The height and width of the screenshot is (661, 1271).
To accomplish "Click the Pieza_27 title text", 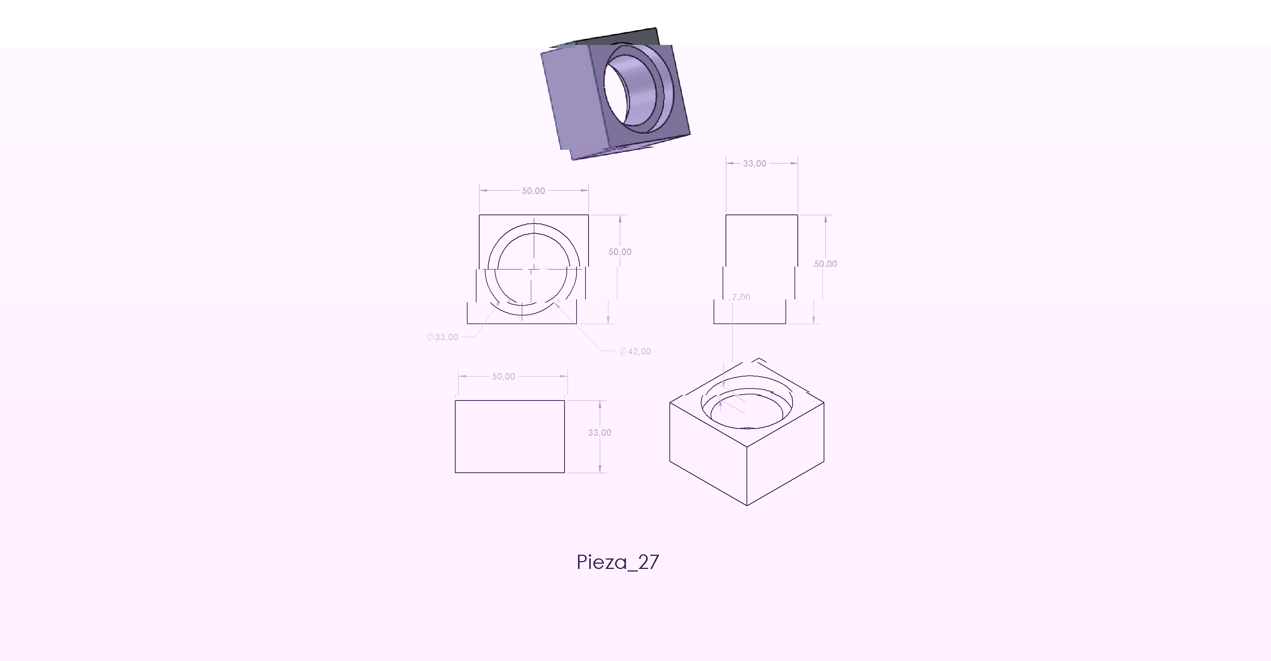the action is pos(618,562).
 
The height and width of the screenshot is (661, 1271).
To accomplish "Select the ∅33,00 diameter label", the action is pos(443,337).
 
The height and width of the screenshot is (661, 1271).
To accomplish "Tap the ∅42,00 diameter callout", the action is pos(635,351).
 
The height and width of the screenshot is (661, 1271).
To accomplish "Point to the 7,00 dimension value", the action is pos(741,297).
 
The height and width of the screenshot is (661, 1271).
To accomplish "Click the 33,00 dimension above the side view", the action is pos(754,163).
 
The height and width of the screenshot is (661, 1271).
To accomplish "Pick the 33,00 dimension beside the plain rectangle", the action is pos(599,433).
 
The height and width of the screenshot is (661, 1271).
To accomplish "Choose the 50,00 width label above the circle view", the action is pos(533,191).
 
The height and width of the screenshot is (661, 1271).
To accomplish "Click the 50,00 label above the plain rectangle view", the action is pos(503,377).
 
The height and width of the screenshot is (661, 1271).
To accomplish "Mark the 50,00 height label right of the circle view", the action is pos(620,252).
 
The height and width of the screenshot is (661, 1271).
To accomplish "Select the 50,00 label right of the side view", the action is pos(825,264).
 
